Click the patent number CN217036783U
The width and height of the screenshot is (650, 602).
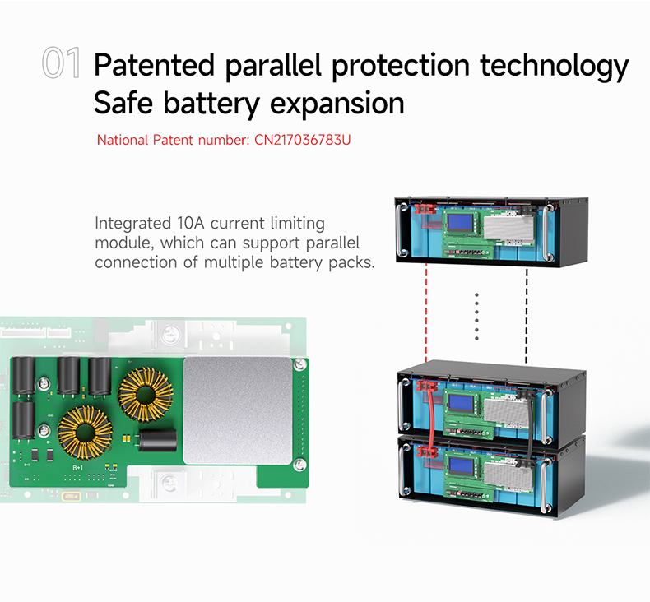click(x=299, y=140)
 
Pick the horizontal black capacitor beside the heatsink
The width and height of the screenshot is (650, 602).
click(x=156, y=441)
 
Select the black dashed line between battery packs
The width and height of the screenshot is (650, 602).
click(x=527, y=317)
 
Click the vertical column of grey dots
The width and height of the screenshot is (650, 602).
click(x=476, y=317)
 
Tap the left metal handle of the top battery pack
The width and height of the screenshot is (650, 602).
click(x=403, y=230)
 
